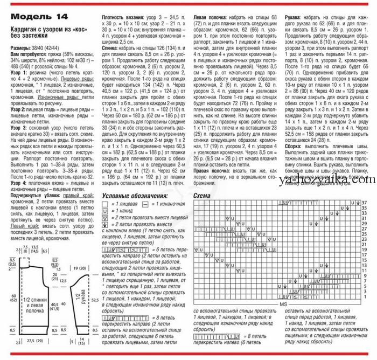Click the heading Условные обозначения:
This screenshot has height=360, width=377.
(135, 195)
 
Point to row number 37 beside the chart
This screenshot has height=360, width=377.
(365, 202)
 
